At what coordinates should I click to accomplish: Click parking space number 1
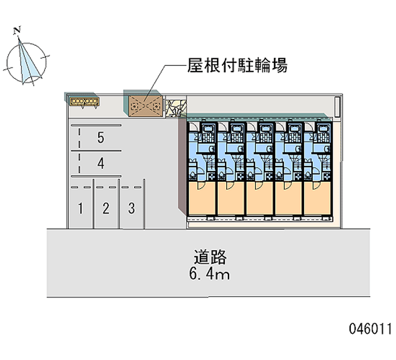click(80, 208)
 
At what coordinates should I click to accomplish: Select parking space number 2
click(105, 208)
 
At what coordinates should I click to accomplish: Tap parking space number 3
click(131, 208)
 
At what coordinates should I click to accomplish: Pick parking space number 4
click(100, 163)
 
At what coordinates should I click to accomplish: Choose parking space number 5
click(100, 138)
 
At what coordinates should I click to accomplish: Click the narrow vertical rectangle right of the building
click(338, 106)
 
